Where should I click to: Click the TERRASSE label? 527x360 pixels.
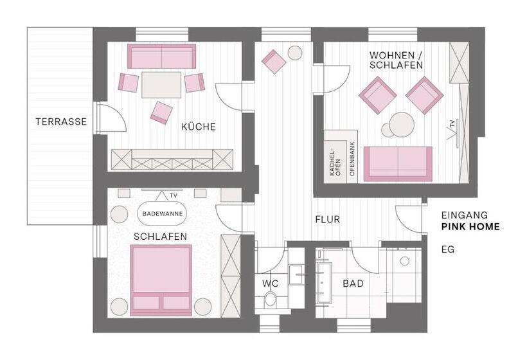[x=61, y=122]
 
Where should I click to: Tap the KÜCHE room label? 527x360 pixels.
[x=199, y=127]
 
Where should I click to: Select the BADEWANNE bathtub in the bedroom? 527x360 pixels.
[x=161, y=213]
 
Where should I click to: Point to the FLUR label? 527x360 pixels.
[x=327, y=220]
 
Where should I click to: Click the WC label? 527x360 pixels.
[x=270, y=283]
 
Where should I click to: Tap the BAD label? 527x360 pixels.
[x=353, y=283]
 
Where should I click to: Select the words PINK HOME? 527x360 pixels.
[x=470, y=227]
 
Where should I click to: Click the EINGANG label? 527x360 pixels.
[x=465, y=215]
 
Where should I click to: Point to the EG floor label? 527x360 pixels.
[x=448, y=249]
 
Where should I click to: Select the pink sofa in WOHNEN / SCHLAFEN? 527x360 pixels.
[x=397, y=164]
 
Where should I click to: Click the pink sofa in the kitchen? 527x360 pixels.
[x=161, y=57]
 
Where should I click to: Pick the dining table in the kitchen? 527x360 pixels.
[x=161, y=84]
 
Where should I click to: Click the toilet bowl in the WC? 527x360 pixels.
[x=271, y=299]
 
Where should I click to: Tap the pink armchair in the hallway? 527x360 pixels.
[x=274, y=62]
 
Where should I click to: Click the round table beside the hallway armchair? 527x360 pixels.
[x=295, y=53]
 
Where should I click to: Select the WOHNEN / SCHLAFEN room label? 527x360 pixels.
[x=396, y=60]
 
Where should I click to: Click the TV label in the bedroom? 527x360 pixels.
[x=172, y=195]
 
